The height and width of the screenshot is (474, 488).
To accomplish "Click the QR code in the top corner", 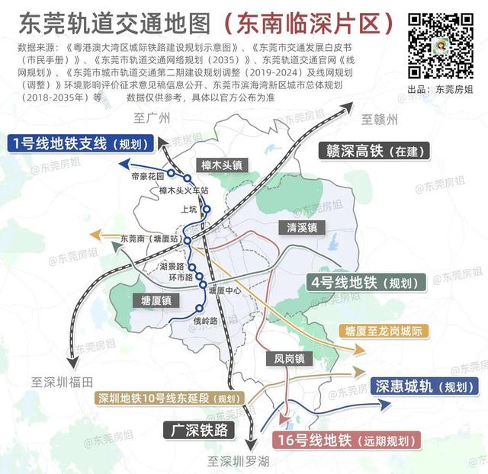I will [x=441, y=45].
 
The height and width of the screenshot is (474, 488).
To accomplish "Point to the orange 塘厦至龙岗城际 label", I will [x=383, y=331].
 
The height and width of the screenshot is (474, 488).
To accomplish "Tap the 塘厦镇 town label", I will [x=156, y=299].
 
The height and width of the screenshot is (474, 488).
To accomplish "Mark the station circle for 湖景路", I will [x=192, y=267].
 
